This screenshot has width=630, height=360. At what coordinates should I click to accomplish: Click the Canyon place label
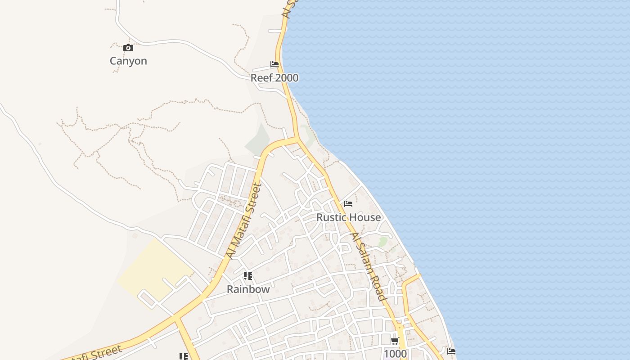(128, 61)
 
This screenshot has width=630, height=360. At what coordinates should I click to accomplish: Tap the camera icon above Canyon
(128, 48)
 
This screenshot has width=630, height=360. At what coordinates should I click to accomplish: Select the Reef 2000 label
(274, 78)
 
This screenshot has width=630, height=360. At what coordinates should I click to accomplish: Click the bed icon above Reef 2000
(274, 64)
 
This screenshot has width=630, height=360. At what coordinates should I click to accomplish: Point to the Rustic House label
(348, 217)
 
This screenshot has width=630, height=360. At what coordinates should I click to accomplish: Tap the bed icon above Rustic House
(348, 204)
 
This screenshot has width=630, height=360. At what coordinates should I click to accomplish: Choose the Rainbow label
(248, 289)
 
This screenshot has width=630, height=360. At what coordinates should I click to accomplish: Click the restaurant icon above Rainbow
(248, 276)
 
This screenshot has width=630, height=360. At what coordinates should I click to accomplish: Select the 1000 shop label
(395, 353)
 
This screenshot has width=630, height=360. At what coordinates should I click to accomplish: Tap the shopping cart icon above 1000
(395, 341)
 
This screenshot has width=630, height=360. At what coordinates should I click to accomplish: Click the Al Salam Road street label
(369, 267)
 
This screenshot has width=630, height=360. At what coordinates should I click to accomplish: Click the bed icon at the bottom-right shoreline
(451, 351)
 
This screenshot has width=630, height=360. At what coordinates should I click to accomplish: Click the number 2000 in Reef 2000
(287, 78)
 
